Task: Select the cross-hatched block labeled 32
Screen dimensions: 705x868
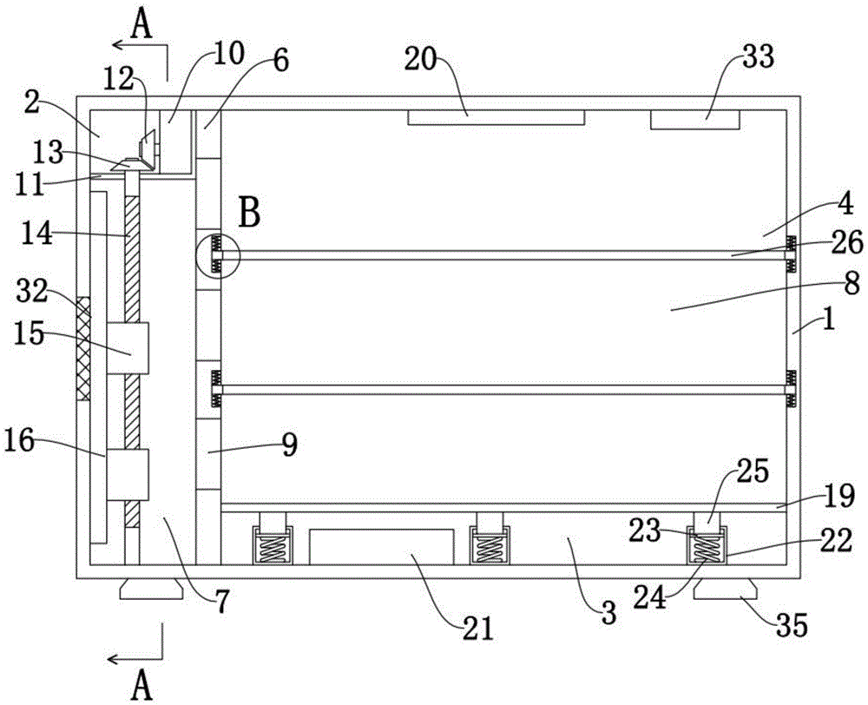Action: [83, 348]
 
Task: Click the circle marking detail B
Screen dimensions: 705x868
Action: [216, 254]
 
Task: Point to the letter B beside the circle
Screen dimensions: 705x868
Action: [249, 214]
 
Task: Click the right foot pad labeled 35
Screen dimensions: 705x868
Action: [725, 591]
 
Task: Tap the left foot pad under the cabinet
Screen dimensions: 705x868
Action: [151, 590]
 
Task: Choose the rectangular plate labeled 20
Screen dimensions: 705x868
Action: [496, 117]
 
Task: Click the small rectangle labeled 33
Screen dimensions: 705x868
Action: [694, 119]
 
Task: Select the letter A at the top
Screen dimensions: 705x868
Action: [142, 23]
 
